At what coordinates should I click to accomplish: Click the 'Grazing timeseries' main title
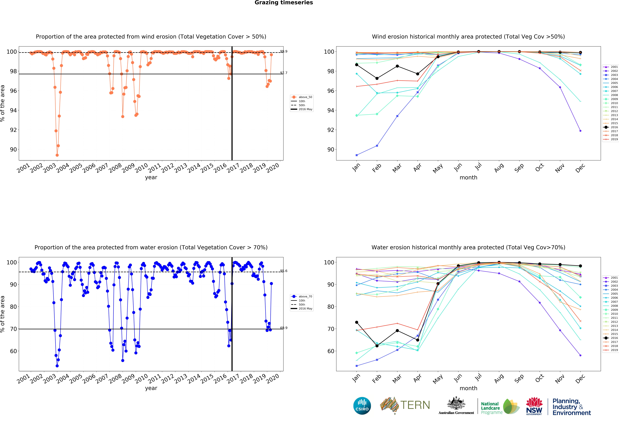click(x=284, y=3)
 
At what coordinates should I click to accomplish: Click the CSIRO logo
click(x=362, y=406)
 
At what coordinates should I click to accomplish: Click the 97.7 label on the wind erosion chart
click(x=284, y=73)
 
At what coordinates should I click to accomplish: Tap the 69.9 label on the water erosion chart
click(x=284, y=328)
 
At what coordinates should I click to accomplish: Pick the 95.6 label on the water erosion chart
click(x=284, y=271)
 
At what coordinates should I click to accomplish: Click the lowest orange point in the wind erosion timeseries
click(x=57, y=155)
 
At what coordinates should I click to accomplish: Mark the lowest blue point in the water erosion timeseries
click(x=57, y=366)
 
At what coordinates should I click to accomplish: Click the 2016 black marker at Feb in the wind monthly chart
click(x=377, y=78)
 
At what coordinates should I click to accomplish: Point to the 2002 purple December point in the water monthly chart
click(x=580, y=355)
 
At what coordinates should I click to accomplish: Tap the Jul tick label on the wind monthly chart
click(x=479, y=167)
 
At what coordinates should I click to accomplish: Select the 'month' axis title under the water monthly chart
click(x=468, y=388)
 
